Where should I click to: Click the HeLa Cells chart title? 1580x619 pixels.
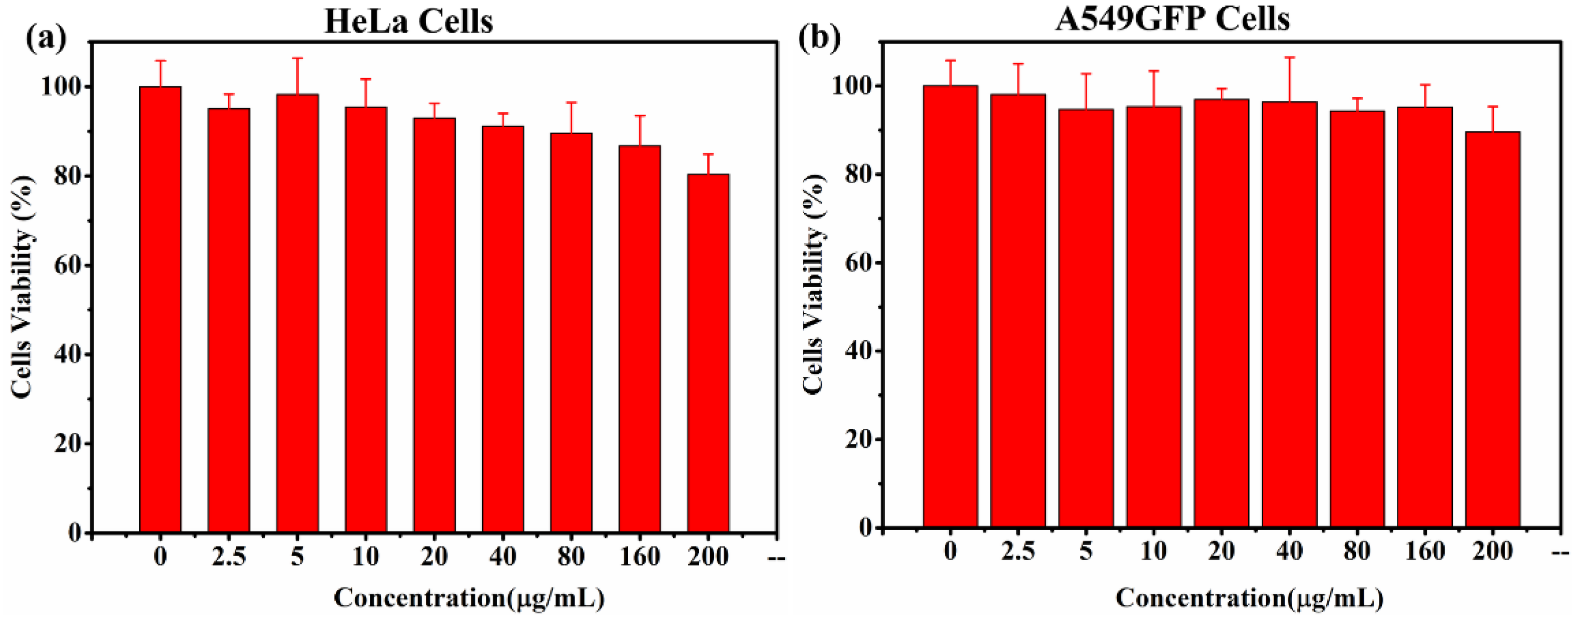tap(408, 21)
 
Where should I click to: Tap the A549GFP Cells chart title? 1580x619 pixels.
tap(1172, 19)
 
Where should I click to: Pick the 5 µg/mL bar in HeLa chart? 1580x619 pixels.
tap(297, 313)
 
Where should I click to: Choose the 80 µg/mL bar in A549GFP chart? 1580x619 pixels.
tap(1357, 319)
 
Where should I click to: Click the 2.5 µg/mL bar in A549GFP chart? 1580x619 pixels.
tap(1017, 310)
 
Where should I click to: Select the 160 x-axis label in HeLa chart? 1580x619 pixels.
tap(640, 556)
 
